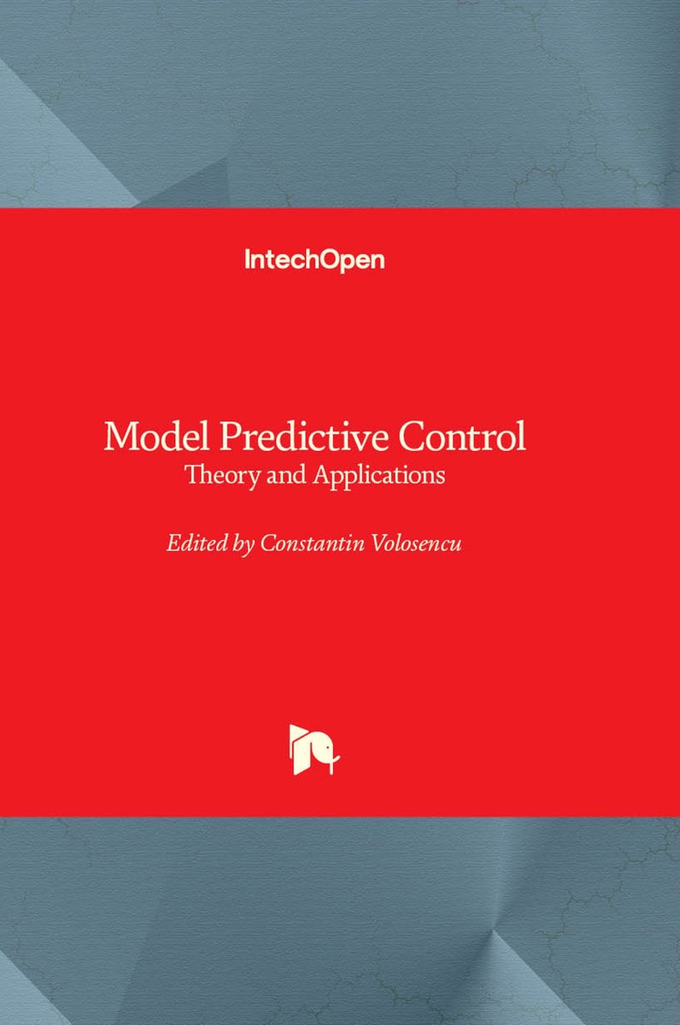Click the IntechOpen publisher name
pos(315,261)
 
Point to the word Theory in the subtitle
pos(222,476)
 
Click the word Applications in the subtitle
pos(379,476)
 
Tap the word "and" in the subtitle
pos(286,475)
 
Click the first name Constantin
pos(313,543)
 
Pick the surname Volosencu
pos(418,543)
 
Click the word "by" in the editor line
pos(243,545)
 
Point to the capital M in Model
pos(120,436)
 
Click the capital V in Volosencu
pos(382,543)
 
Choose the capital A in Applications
pos(323,475)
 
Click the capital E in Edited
pos(174,543)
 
